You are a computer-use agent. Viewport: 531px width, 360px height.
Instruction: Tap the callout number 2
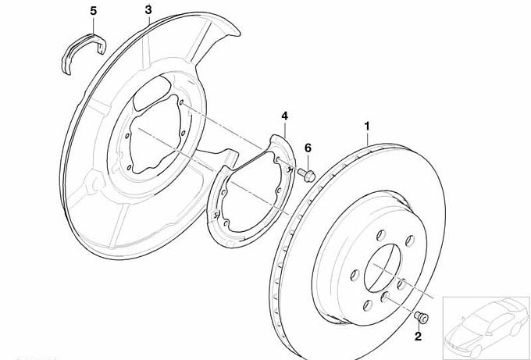(418, 337)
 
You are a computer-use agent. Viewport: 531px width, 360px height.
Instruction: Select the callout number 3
(148, 10)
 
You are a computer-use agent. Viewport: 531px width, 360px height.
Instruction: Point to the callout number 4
(285, 116)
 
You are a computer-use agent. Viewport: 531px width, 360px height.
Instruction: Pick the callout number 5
(94, 11)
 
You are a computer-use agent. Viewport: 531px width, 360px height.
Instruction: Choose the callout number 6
(308, 148)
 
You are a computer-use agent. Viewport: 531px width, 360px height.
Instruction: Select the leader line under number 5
(94, 25)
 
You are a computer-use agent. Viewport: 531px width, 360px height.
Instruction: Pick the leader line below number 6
(308, 160)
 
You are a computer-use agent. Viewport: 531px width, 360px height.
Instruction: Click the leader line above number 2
(419, 325)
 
